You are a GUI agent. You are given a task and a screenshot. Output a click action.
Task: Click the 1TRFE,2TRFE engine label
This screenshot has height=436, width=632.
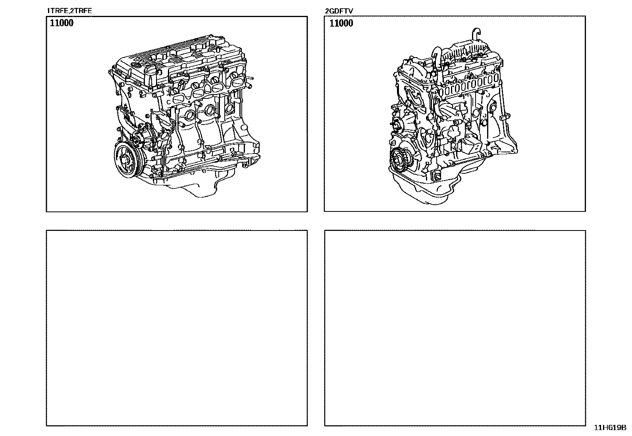tap(69, 11)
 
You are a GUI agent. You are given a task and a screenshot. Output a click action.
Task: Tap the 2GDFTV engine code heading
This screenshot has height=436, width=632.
tap(339, 11)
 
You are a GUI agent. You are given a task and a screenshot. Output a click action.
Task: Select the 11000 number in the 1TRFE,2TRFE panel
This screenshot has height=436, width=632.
tap(62, 23)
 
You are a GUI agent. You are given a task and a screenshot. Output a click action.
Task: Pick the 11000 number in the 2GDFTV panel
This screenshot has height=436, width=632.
tap(341, 23)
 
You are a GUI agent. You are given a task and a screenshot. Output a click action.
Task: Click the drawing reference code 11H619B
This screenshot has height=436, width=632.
tap(610, 428)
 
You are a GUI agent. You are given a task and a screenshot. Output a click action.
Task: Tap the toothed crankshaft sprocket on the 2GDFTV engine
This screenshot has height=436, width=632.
tap(399, 161)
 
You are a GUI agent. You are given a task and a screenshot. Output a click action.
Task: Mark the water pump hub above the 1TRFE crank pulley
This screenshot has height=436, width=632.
tap(137, 138)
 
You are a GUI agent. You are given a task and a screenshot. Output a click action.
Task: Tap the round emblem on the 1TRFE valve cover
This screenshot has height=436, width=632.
tap(136, 65)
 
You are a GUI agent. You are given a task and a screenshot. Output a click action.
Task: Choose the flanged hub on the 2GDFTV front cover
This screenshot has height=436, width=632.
tap(397, 124)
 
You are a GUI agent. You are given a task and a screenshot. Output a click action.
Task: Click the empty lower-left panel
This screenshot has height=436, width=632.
tap(177, 328)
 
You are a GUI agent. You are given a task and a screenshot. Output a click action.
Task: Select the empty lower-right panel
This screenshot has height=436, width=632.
tap(455, 328)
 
